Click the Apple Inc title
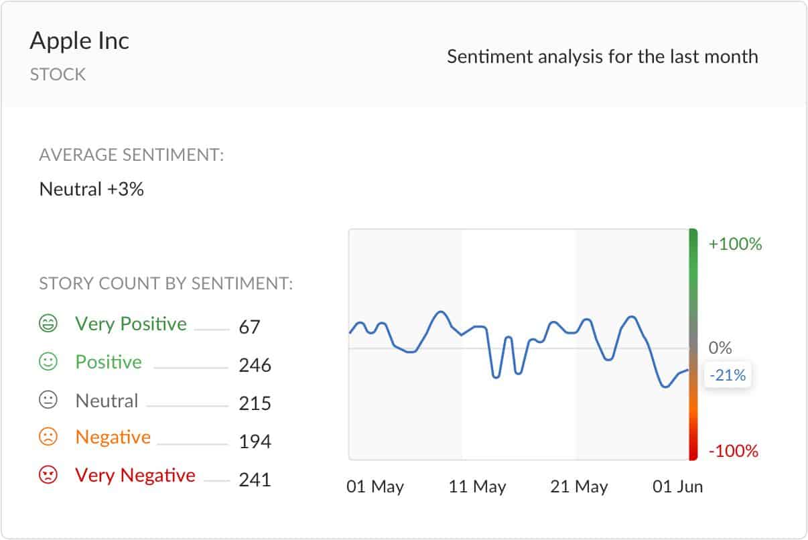[79, 42]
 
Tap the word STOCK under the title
[58, 74]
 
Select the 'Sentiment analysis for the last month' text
[602, 56]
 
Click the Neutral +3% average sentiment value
[92, 190]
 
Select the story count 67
[249, 327]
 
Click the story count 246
[255, 365]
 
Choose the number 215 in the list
[255, 403]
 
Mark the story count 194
[255, 442]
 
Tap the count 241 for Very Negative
[255, 480]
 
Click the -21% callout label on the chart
[728, 375]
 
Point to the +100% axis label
[735, 245]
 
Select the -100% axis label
[733, 452]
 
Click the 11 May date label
[477, 487]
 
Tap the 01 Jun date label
[678, 487]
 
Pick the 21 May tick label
[579, 487]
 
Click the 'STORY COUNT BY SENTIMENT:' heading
[166, 284]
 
